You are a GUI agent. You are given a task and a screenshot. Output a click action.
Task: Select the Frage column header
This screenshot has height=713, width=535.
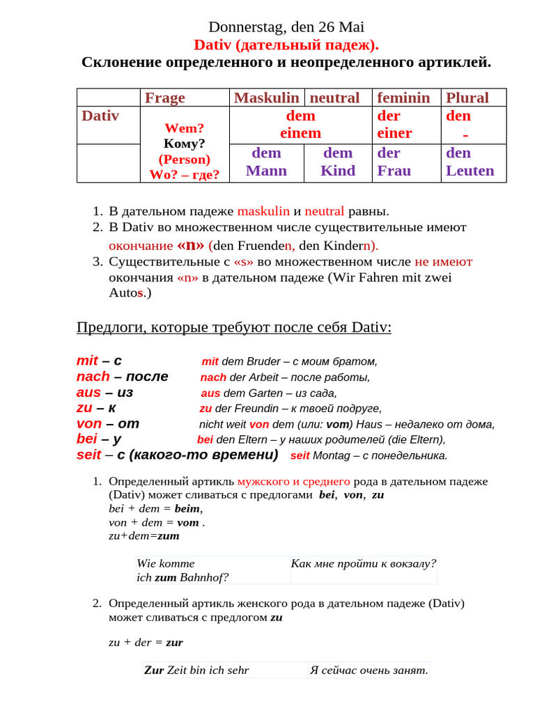click(x=164, y=97)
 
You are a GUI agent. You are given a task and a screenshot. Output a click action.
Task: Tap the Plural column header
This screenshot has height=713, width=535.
click(x=467, y=97)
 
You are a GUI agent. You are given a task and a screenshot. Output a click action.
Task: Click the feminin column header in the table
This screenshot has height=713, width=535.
click(x=403, y=97)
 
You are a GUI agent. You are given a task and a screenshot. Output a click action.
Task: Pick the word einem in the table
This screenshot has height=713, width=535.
click(x=300, y=133)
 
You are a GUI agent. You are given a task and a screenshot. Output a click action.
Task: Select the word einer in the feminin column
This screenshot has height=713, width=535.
click(x=394, y=133)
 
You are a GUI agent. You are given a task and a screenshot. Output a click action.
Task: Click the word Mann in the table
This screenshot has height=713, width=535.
click(x=266, y=171)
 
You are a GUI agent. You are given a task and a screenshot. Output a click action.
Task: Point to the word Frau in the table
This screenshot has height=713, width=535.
click(x=394, y=171)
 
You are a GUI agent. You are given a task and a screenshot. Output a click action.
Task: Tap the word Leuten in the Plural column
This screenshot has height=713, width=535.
click(x=470, y=171)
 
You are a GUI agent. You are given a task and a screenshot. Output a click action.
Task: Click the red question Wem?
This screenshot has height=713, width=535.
click(x=184, y=128)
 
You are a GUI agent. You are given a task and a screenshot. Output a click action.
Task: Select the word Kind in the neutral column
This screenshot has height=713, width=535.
click(x=338, y=171)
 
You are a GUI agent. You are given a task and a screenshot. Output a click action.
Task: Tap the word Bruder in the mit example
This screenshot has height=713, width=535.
click(x=265, y=361)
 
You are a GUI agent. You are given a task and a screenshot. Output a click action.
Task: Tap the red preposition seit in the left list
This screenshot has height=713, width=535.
click(x=89, y=455)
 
